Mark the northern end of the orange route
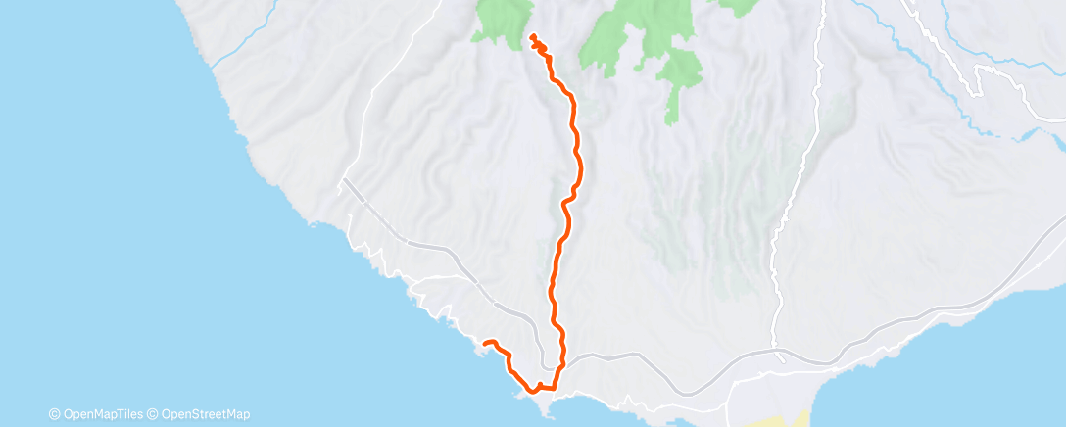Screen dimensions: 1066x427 [532, 36]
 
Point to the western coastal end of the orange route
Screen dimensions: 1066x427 [484, 342]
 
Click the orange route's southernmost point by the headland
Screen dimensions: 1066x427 [535, 390]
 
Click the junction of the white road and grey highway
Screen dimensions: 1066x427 [779, 351]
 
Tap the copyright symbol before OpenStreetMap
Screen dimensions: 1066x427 [154, 414]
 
